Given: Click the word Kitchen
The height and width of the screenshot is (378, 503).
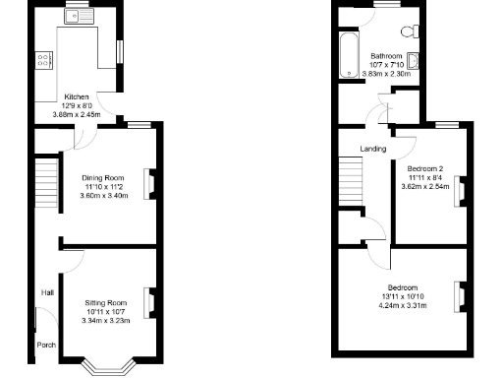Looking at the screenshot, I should click(x=78, y=97).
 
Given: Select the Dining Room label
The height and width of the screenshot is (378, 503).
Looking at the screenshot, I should click(x=104, y=177).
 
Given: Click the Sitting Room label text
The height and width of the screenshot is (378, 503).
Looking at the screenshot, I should click(x=104, y=302).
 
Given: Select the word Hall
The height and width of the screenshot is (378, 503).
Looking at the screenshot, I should click(x=46, y=292).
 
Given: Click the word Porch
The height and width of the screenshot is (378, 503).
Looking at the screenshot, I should click(x=46, y=346).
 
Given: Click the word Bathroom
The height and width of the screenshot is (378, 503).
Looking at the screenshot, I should click(x=387, y=55).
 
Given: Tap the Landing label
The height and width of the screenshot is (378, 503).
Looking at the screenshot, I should click(x=372, y=149).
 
